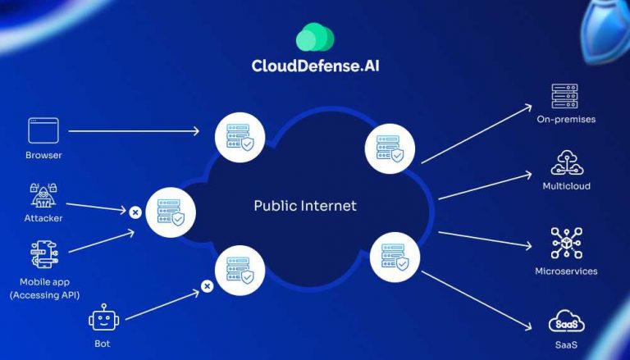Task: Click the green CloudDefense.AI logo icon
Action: pos(316,38)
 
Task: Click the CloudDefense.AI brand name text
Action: pos(315,66)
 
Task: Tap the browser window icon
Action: pos(43,131)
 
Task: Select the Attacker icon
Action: pos(43,195)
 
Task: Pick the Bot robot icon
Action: pos(102,317)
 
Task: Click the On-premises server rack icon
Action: pos(565,96)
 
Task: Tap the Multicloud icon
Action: pos(566,163)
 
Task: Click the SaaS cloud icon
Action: pos(566,321)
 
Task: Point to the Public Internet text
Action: pos(305,206)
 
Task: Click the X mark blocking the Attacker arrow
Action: pos(135,212)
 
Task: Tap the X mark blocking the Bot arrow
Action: pos(208,286)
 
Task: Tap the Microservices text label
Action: pos(566,271)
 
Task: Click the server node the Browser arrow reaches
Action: pos(240,137)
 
